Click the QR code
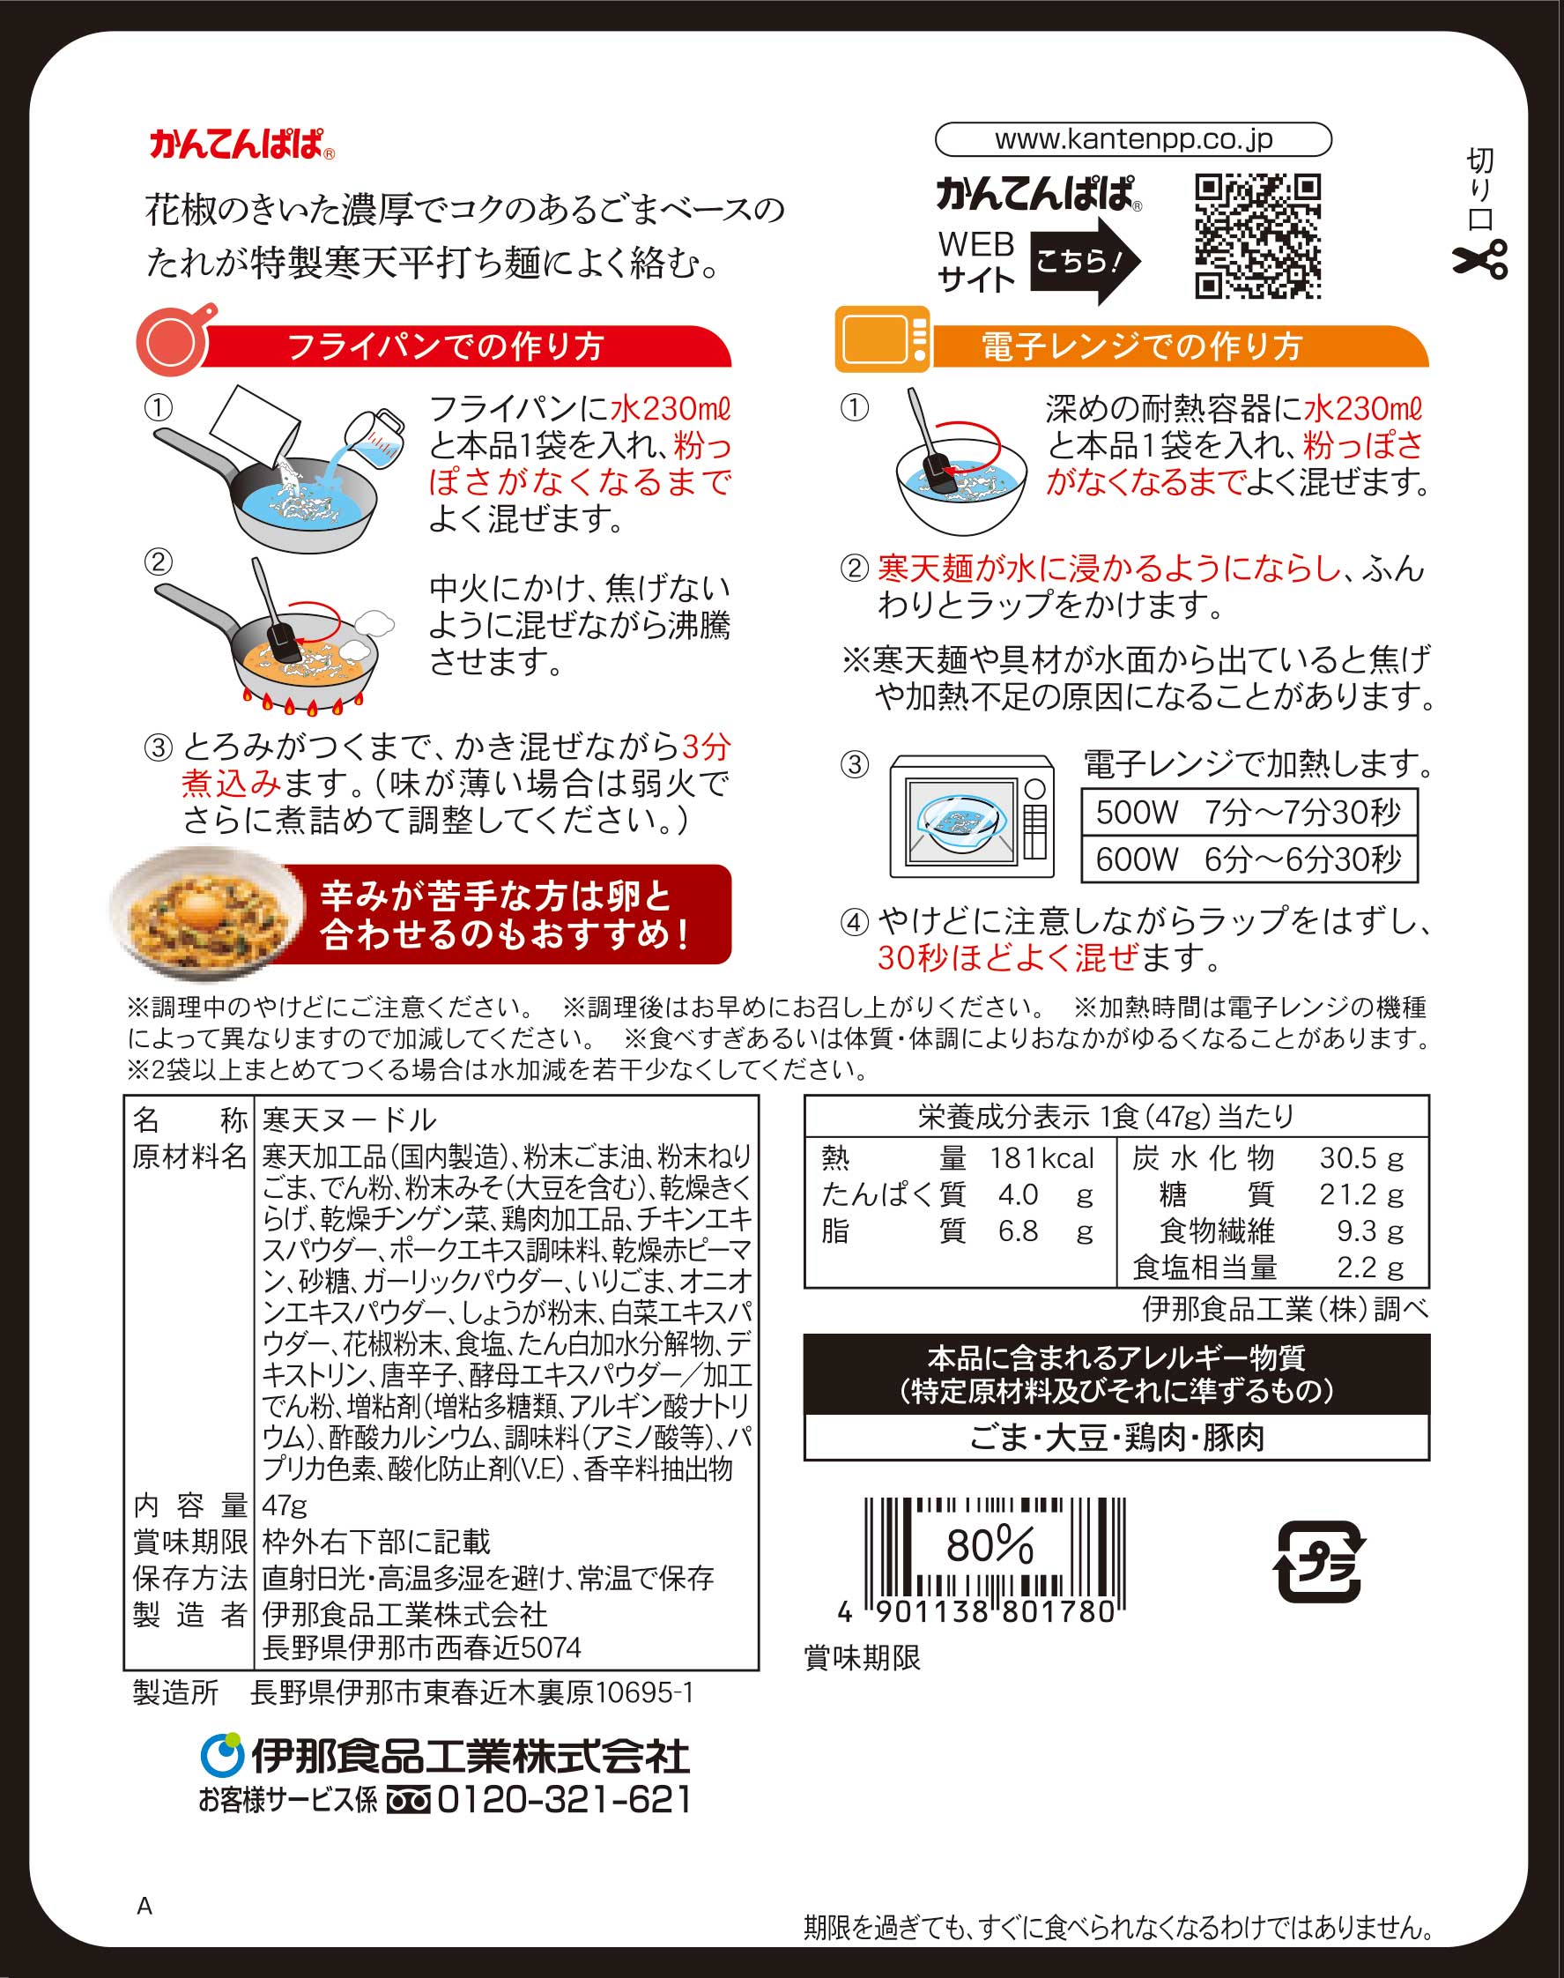pyautogui.click(x=1257, y=236)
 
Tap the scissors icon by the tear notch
pyautogui.click(x=1479, y=258)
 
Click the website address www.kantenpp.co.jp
pyautogui.click(x=1134, y=139)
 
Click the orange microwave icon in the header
pyautogui.click(x=883, y=339)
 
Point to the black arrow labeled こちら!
pyautogui.click(x=1086, y=261)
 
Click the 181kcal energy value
pyautogui.click(x=1041, y=1158)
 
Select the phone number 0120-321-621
pyautogui.click(x=564, y=1799)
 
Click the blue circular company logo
pyautogui.click(x=220, y=1753)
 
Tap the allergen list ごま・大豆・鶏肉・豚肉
pyautogui.click(x=1116, y=1438)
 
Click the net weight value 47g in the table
pyautogui.click(x=285, y=1506)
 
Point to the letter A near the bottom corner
pyautogui.click(x=145, y=1907)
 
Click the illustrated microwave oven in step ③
pyautogui.click(x=972, y=816)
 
